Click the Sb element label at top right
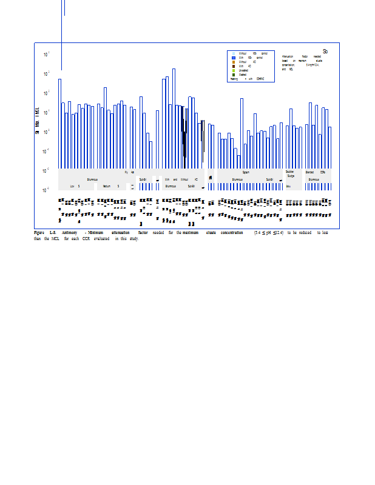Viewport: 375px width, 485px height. (325, 52)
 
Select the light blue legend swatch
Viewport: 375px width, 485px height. (234, 53)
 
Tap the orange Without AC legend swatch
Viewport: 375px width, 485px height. (234, 62)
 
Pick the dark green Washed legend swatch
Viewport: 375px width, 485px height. (234, 75)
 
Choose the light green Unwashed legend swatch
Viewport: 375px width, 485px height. (234, 70)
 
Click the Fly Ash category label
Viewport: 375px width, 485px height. (129, 173)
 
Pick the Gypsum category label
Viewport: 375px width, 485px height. (246, 173)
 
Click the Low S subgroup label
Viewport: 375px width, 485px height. (75, 186)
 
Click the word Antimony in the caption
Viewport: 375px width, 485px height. (69, 233)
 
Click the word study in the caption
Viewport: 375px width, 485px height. (133, 239)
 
